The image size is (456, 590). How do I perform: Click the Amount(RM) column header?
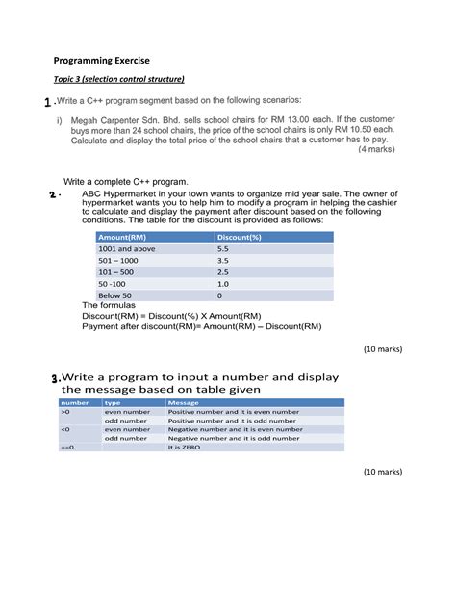122,236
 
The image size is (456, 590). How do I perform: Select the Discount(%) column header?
240,236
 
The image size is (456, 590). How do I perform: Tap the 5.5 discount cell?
223,248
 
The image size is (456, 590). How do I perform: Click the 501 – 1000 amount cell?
118,260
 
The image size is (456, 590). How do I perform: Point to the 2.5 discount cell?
223,272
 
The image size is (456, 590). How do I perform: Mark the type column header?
113,403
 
